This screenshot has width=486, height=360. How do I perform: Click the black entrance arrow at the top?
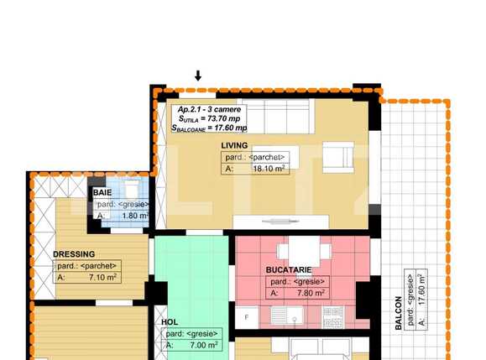point(198,76)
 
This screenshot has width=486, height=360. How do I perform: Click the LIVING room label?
point(234,145)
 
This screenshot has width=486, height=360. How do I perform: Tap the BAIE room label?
point(102,192)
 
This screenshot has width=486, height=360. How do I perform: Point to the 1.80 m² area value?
point(132,216)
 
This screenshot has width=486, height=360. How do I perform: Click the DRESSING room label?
point(74,253)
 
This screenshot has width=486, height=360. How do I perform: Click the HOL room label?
point(170,321)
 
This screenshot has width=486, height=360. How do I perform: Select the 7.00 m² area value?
point(201,344)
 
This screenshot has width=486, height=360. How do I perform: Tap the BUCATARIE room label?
point(289,270)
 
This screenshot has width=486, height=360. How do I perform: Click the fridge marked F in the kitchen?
point(246,317)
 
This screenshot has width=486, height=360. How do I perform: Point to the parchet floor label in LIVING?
point(255,157)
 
